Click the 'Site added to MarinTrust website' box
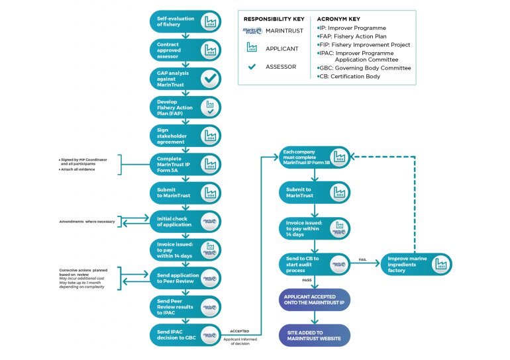314,335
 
